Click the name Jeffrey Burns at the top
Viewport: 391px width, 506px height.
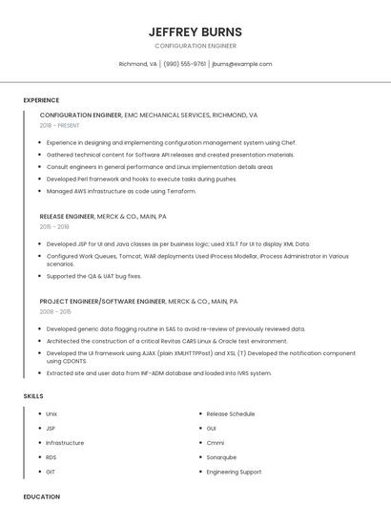195,32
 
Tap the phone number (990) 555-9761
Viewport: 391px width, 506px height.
184,64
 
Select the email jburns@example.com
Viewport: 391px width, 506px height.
241,64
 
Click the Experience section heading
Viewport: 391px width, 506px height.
41,100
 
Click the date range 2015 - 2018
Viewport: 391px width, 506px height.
54,226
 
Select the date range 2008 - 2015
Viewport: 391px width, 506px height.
55,311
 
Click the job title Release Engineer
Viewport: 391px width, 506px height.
67,217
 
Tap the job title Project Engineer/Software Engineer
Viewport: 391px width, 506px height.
103,302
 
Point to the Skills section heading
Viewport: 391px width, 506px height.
33,395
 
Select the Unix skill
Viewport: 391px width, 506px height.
51,414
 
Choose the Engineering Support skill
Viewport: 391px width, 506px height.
234,472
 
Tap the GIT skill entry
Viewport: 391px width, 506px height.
51,472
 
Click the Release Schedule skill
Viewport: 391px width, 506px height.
231,414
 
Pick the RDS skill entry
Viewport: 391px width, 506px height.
51,457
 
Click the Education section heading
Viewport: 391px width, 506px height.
41,496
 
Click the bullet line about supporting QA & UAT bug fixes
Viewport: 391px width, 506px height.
93,277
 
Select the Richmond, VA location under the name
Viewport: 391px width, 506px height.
137,64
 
